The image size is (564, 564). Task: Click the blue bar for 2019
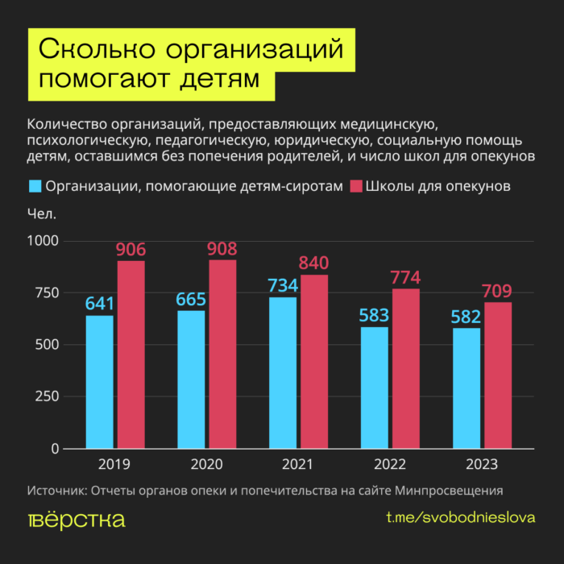(99, 382)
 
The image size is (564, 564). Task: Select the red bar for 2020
(222, 355)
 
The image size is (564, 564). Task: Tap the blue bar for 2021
(283, 372)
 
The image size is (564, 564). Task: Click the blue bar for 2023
(467, 388)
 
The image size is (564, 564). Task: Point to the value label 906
(131, 250)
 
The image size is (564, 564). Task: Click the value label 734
(283, 285)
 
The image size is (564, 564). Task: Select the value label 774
(406, 278)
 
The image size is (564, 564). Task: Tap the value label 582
(467, 316)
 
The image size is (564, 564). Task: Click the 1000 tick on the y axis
(44, 241)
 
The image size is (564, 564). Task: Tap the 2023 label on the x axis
(482, 465)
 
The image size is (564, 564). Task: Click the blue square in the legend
(35, 187)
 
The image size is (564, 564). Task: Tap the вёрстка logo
(76, 519)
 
